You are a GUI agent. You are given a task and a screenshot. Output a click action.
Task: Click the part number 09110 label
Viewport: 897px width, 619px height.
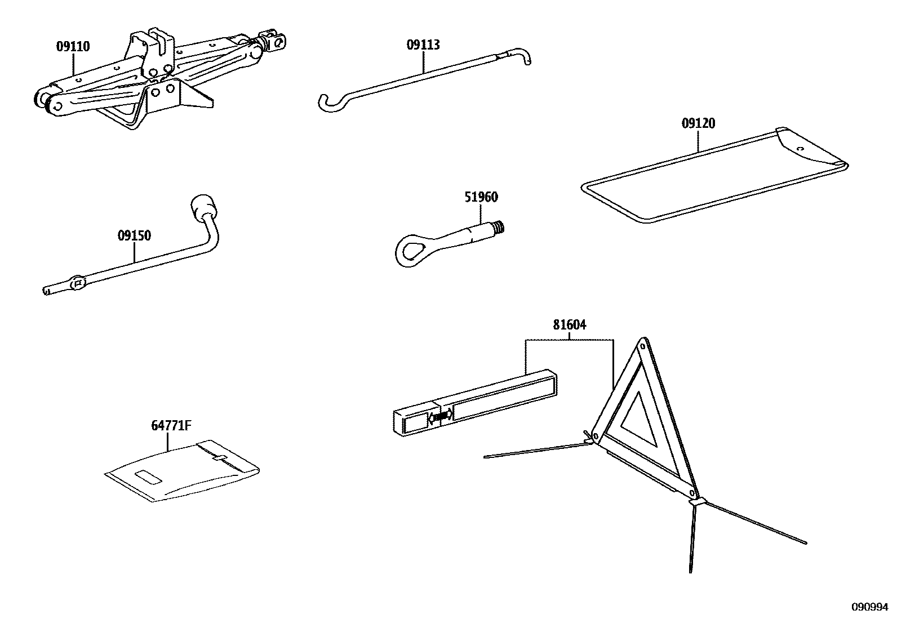tap(73, 47)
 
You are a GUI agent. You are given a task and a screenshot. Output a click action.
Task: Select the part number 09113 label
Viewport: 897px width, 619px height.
tap(423, 45)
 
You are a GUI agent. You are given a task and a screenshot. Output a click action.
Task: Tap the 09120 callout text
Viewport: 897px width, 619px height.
tap(698, 123)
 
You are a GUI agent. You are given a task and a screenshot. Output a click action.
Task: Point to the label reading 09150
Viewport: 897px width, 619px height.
tap(134, 236)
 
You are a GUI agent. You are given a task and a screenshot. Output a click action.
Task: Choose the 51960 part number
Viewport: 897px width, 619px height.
tap(481, 197)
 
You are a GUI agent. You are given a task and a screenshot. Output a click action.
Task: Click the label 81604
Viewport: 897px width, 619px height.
tap(569, 325)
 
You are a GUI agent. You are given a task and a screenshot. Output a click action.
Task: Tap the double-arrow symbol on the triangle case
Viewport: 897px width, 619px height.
tap(441, 417)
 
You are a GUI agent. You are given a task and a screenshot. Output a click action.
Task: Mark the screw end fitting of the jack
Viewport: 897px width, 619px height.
tap(273, 41)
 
